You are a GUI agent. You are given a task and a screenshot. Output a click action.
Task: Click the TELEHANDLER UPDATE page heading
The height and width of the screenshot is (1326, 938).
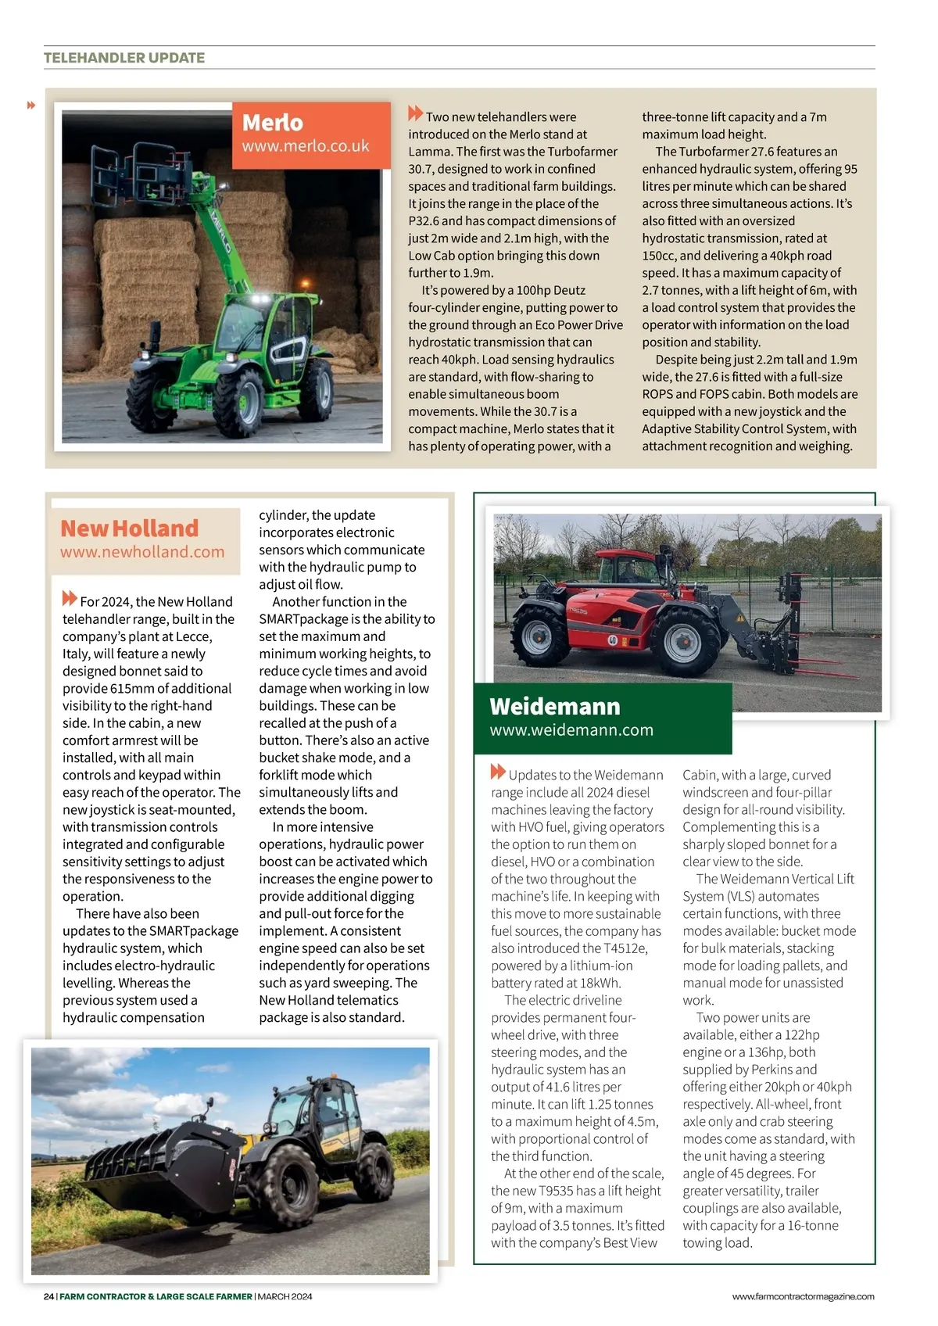pos(124,58)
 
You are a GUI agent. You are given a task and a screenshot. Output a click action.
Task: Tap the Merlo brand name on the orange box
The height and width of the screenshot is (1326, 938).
pos(272,123)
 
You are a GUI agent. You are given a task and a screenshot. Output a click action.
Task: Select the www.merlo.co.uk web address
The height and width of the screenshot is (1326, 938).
pos(305,146)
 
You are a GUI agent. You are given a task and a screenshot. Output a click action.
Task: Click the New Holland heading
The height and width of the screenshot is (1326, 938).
pos(130,529)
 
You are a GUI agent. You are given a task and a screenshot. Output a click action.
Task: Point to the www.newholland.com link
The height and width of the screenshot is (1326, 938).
pos(142,552)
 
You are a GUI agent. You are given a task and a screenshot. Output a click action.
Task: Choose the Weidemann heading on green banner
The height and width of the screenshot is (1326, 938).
pos(554,707)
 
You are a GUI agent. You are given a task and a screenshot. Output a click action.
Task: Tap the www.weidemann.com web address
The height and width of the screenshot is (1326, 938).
pos(571,730)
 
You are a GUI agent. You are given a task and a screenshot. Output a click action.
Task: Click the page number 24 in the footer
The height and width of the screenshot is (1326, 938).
pos(48,1296)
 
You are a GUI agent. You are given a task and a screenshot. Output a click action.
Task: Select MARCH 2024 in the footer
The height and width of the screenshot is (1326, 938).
pos(285,1296)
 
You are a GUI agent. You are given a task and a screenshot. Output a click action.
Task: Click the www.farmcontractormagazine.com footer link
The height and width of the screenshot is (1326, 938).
pos(803,1296)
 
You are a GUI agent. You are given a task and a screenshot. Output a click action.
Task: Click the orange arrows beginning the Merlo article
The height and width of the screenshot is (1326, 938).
pos(415,113)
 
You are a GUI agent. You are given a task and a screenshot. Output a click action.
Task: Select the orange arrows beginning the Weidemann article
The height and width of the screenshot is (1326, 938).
pos(498,772)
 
